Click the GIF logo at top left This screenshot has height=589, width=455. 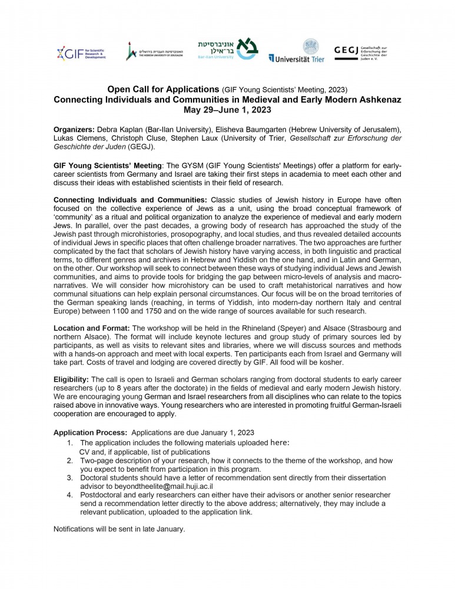[x=81, y=53]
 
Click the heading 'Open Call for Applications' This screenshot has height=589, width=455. [x=163, y=90]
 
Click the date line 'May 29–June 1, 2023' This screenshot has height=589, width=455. [x=227, y=110]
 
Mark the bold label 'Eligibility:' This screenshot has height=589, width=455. [x=71, y=380]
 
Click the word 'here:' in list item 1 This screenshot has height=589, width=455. [x=280, y=442]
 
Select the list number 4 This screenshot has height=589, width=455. [x=69, y=495]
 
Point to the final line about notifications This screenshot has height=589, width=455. [x=119, y=529]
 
